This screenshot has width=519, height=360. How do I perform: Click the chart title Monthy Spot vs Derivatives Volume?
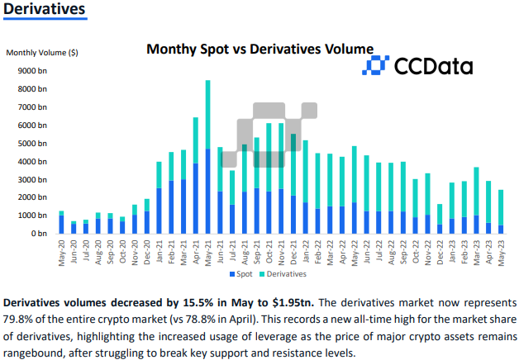259,50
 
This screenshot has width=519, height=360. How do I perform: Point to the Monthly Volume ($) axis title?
42,53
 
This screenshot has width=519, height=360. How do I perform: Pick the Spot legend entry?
240,273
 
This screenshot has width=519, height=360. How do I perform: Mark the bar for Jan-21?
159,198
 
